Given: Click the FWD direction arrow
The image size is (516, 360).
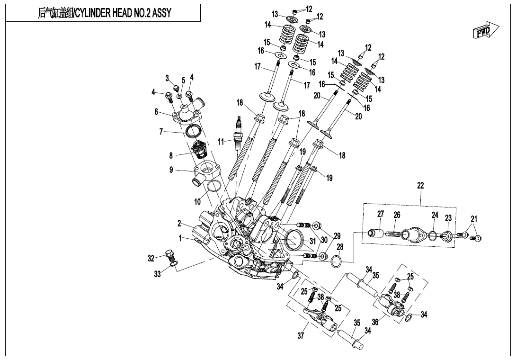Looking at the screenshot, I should pos(486,31).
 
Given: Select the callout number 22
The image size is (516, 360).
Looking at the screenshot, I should pos(420,186).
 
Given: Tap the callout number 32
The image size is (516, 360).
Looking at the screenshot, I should pos(151,258).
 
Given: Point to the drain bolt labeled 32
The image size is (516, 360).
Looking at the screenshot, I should pos(169,256).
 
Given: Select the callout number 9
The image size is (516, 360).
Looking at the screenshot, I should pos(171,170).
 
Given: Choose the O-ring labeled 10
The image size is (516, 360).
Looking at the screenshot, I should pos(214,186).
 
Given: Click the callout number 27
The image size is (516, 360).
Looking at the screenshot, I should pos(380,214).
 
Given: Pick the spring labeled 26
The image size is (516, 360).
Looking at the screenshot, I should pos(392,234).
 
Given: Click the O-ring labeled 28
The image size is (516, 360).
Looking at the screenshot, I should pos(337,261).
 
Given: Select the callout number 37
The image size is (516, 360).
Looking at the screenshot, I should pos(301,336).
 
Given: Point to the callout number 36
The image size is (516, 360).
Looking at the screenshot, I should pos(375,322).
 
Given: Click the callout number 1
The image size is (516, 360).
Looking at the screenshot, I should pos(180,238).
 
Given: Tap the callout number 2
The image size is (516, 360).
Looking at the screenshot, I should pos(180,223).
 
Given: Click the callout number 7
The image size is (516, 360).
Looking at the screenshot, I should pos(162,132).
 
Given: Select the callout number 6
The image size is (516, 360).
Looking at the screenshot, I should pos(156,112).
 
